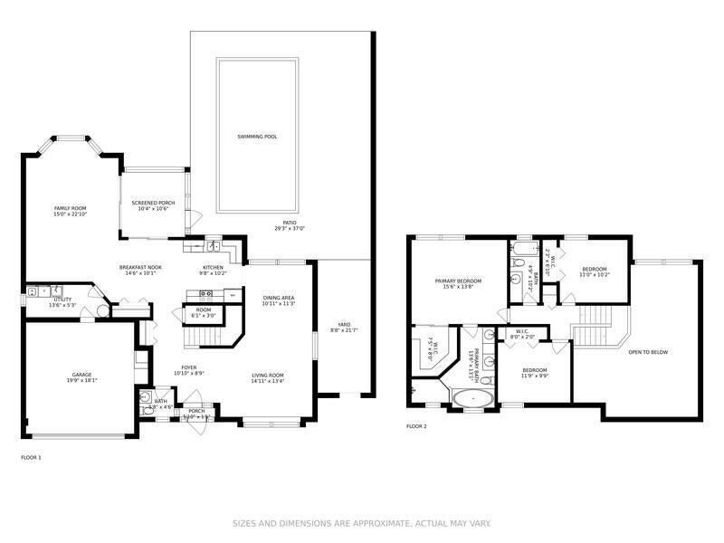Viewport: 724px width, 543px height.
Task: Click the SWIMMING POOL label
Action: [x=257, y=137]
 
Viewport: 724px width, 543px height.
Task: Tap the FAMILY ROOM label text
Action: [x=69, y=208]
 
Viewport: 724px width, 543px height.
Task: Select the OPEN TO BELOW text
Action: [x=647, y=352]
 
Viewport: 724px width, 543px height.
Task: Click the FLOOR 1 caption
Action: [x=31, y=458]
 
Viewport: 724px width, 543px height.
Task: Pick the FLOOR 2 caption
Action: [x=416, y=425]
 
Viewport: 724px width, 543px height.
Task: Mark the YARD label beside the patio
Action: [x=344, y=324]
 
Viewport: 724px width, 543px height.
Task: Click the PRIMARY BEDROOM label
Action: [x=458, y=281]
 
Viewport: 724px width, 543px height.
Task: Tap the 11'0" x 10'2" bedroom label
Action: [x=595, y=274]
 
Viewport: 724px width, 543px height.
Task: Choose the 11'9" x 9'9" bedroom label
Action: [x=534, y=376]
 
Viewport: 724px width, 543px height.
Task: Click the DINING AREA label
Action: [x=279, y=298]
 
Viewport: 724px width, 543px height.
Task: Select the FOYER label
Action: [x=188, y=367]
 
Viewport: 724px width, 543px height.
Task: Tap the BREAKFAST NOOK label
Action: [x=140, y=268]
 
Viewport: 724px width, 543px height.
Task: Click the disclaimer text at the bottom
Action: [x=362, y=523]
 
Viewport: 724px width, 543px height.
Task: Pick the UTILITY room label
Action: [x=62, y=299]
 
